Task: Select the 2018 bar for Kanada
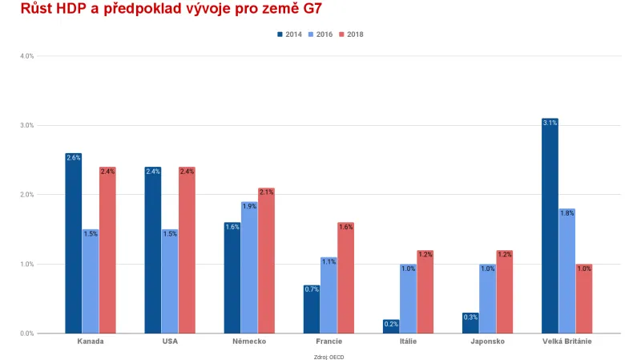(107, 250)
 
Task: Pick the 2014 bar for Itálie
(392, 326)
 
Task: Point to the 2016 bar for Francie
(329, 295)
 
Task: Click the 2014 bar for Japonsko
(470, 323)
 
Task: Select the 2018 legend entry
(352, 34)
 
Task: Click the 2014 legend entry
(289, 34)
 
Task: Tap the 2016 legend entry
(320, 34)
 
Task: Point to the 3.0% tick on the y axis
(26, 125)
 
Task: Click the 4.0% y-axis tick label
(26, 56)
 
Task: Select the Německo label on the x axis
(249, 342)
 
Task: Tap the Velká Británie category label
(566, 342)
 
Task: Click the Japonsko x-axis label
(487, 342)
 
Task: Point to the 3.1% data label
(550, 123)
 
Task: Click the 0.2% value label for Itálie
(392, 324)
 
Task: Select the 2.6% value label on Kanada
(74, 158)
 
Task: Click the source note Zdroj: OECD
(329, 356)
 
